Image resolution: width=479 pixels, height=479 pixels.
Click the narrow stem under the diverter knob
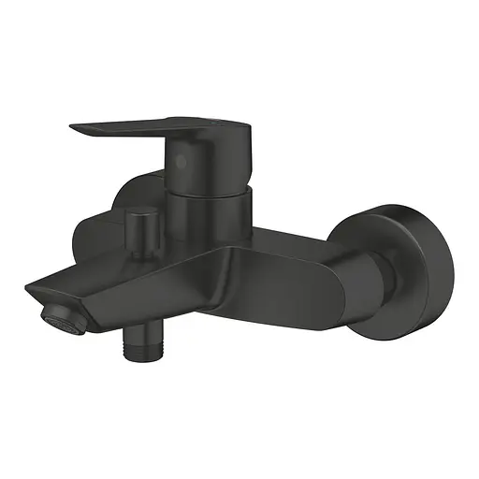(x=144, y=245)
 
